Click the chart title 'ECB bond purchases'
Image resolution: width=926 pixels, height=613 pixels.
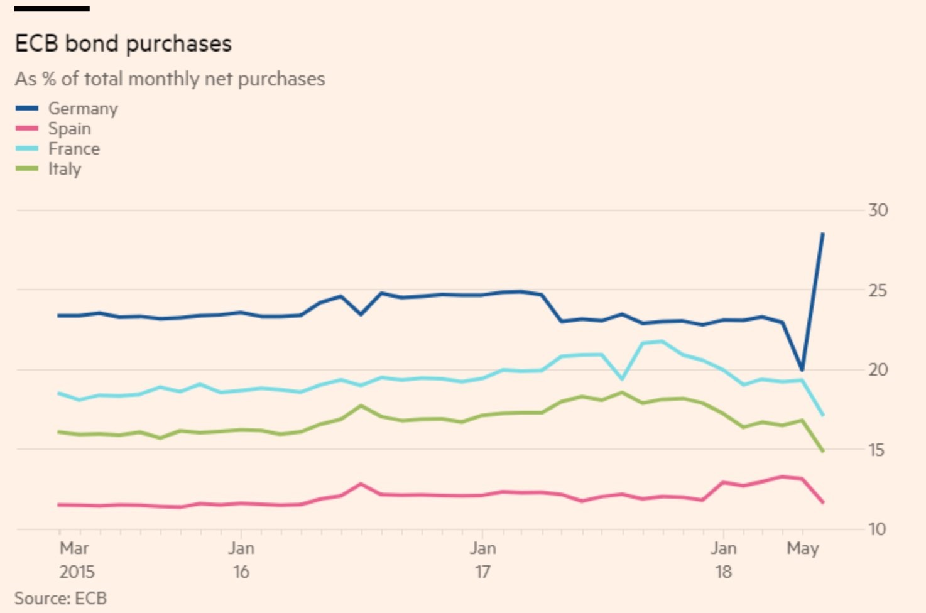[123, 43]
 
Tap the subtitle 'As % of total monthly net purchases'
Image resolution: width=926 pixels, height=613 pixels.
[170, 79]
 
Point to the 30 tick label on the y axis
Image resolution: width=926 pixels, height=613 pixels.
[878, 210]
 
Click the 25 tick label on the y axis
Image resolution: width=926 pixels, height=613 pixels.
[878, 291]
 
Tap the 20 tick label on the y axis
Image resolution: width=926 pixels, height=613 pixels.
[878, 370]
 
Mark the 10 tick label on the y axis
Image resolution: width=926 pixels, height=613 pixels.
[878, 529]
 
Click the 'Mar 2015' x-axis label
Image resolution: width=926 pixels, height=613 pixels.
[76, 560]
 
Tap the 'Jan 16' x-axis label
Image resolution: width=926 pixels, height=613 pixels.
[241, 560]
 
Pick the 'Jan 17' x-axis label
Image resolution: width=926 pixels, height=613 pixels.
[482, 560]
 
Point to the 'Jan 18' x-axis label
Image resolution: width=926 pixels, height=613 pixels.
[723, 560]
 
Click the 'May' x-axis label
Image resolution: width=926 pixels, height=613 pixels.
[803, 548]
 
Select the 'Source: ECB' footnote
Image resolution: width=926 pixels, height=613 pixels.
[60, 598]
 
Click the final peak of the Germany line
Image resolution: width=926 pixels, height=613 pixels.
[823, 234]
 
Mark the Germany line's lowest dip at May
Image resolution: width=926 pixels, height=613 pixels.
[802, 370]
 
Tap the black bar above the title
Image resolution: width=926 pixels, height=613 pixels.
[52, 9]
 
